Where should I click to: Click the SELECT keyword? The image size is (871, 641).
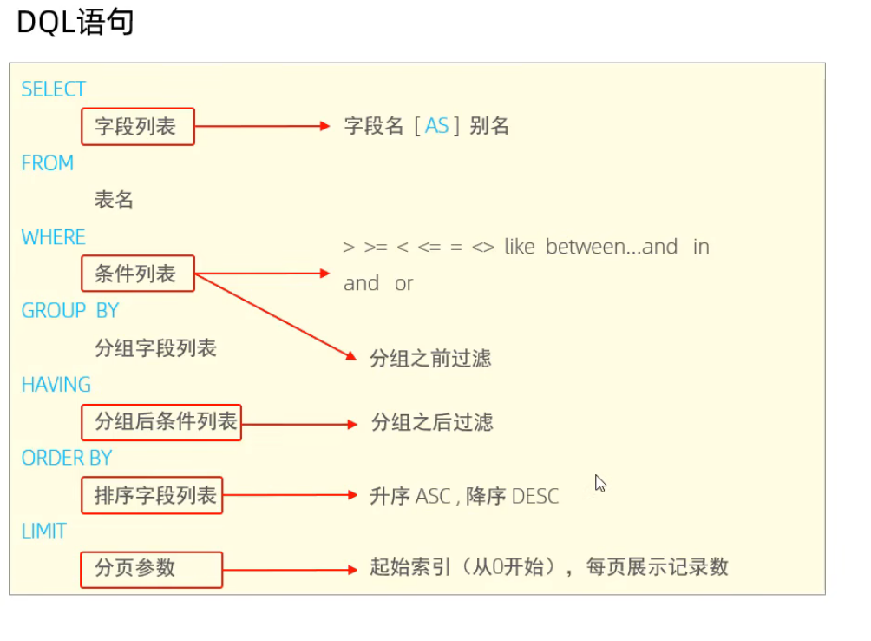pyautogui.click(x=53, y=89)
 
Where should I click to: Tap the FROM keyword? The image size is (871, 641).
pyautogui.click(x=47, y=163)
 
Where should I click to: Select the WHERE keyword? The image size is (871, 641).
pyautogui.click(x=53, y=238)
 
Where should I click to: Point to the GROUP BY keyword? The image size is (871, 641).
pyautogui.click(x=70, y=311)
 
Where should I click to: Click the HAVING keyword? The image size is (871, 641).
pyautogui.click(x=56, y=385)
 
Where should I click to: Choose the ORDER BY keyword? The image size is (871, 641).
pyautogui.click(x=67, y=458)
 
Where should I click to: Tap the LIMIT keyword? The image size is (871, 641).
pyautogui.click(x=44, y=531)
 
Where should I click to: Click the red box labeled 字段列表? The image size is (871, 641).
pyautogui.click(x=138, y=127)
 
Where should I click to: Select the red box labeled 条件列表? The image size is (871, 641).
pyautogui.click(x=138, y=274)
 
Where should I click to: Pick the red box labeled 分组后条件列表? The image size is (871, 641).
pyautogui.click(x=160, y=423)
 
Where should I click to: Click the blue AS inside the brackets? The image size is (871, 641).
pyautogui.click(x=436, y=127)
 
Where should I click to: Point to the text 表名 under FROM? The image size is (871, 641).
pyautogui.click(x=114, y=201)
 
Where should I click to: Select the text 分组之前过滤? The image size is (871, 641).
pyautogui.click(x=430, y=358)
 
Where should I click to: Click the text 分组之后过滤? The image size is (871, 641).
pyautogui.click(x=432, y=423)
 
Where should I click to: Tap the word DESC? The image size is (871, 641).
pyautogui.click(x=535, y=497)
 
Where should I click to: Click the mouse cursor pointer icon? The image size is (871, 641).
pyautogui.click(x=599, y=483)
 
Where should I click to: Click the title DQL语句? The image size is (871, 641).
pyautogui.click(x=75, y=23)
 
